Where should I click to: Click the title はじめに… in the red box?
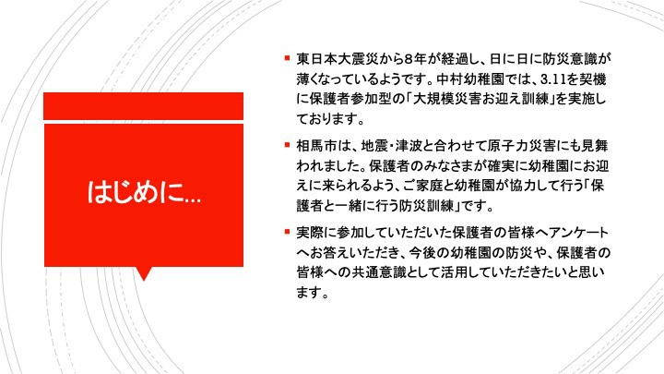(x=144, y=192)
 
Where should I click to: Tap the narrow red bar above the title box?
(x=144, y=106)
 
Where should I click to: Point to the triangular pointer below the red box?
(x=144, y=273)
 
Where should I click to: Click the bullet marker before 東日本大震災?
(x=287, y=57)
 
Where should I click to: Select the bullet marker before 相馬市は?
(x=287, y=145)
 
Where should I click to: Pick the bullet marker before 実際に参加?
(x=287, y=232)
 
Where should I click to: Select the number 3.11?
(x=555, y=78)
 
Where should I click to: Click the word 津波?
(x=409, y=146)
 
